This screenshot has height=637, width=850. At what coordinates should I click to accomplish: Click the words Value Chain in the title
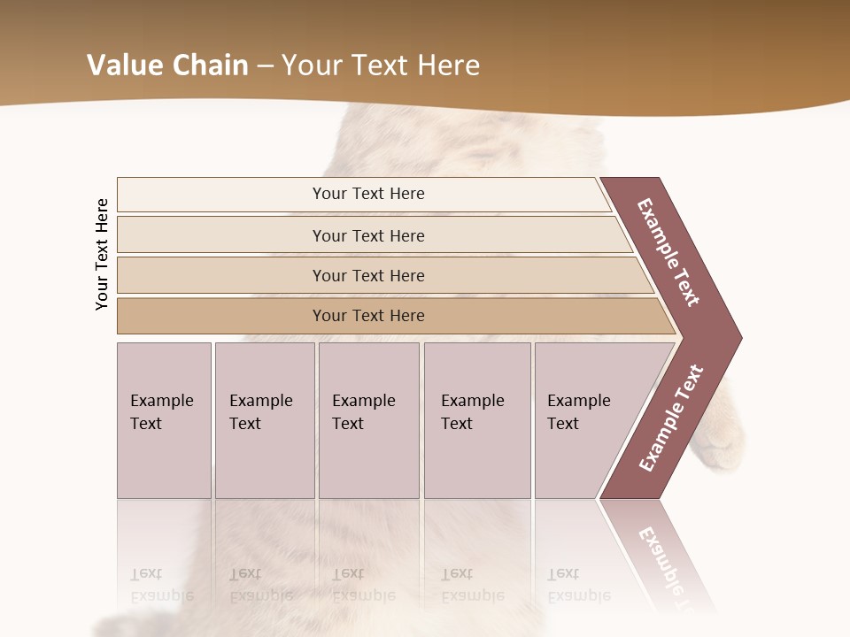167,65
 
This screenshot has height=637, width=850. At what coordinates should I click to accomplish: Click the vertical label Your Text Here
102,254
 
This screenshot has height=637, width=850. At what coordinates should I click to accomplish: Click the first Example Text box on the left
164,420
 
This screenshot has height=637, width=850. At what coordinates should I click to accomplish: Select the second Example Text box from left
264,420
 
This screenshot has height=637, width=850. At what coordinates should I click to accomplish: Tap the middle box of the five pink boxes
368,420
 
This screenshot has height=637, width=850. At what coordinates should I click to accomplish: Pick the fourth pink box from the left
477,420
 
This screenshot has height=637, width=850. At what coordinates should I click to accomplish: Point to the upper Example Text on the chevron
668,252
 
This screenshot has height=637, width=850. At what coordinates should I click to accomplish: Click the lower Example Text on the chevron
671,418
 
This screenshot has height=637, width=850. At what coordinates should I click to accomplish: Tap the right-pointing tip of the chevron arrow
736,337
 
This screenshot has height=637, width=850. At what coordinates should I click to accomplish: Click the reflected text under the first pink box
161,584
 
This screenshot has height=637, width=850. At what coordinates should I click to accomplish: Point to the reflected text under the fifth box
579,584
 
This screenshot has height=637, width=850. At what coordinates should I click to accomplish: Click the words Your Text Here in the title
381,65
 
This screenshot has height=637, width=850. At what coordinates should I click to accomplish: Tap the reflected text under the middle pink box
363,584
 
